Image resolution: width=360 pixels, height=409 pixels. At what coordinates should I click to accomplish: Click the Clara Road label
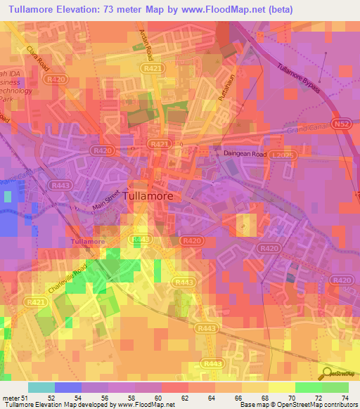point(38,59)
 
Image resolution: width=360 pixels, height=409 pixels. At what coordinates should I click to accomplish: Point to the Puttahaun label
point(225,91)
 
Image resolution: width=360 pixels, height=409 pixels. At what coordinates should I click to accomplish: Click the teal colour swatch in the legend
point(41,387)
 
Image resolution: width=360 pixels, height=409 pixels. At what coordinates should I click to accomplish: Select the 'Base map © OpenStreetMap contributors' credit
point(297,405)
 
